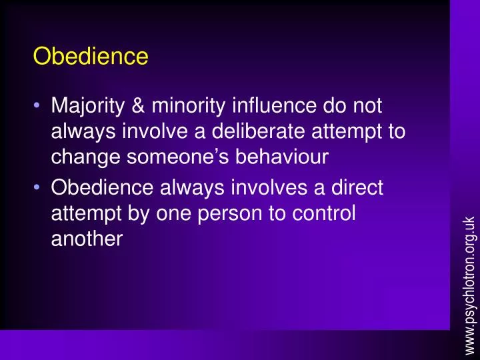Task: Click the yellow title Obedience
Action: click(x=91, y=57)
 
